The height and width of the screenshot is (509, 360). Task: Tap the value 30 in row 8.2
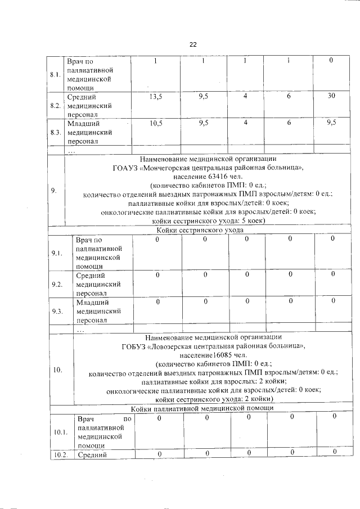pos(332,96)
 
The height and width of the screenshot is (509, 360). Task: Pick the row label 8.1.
pos(55,75)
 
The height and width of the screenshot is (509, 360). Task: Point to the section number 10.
pos(58,370)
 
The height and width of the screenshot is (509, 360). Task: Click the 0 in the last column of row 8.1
pos(331,60)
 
